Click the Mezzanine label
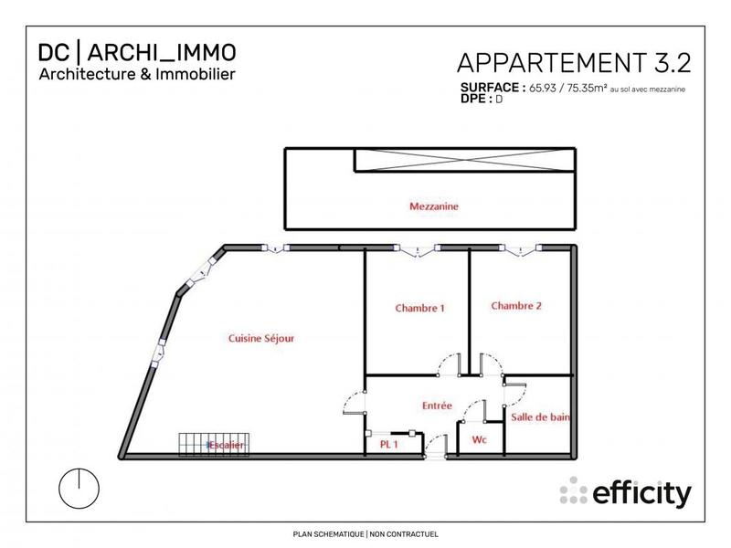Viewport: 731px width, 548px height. (x=433, y=207)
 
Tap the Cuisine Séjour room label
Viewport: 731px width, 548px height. (x=261, y=338)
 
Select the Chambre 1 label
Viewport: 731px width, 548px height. (x=419, y=308)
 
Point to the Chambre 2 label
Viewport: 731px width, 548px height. (x=516, y=306)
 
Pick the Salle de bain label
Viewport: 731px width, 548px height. (x=541, y=416)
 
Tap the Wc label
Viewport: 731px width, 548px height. (x=478, y=440)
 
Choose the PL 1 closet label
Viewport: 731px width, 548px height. (x=389, y=444)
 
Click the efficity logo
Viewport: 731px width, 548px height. (x=626, y=493)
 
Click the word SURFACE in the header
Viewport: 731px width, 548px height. (x=493, y=89)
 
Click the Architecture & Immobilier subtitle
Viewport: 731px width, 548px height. (x=137, y=74)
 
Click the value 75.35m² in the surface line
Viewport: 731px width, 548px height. (x=582, y=89)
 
